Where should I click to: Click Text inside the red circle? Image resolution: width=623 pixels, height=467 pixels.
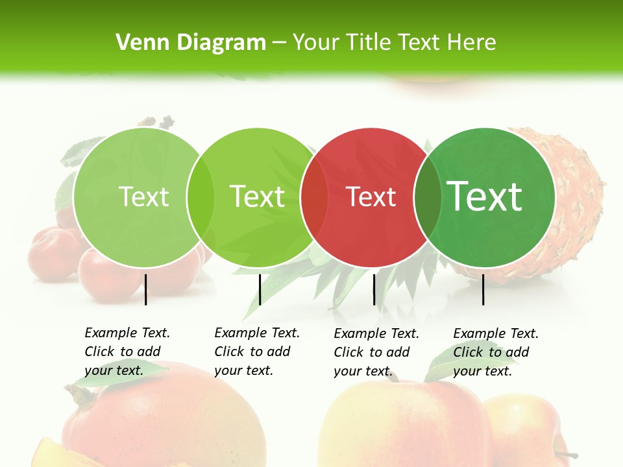[371, 197]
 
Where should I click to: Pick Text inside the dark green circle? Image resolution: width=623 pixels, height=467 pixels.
[484, 196]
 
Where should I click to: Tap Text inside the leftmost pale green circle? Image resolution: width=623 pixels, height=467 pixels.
[143, 197]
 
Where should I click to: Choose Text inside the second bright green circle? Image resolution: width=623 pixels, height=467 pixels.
[257, 197]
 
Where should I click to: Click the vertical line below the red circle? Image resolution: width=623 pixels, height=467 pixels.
[374, 289]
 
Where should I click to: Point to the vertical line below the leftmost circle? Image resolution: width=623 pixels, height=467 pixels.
[145, 289]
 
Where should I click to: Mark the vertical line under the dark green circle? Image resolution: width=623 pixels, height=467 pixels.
[483, 289]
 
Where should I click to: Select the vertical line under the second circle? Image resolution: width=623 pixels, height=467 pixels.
[260, 289]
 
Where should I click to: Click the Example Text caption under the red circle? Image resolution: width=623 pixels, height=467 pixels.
[376, 352]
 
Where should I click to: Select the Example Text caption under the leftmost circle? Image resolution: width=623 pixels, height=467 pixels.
[127, 352]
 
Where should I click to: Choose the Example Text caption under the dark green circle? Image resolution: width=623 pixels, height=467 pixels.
[495, 352]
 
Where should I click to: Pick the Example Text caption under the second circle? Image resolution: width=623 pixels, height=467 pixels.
[256, 352]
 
